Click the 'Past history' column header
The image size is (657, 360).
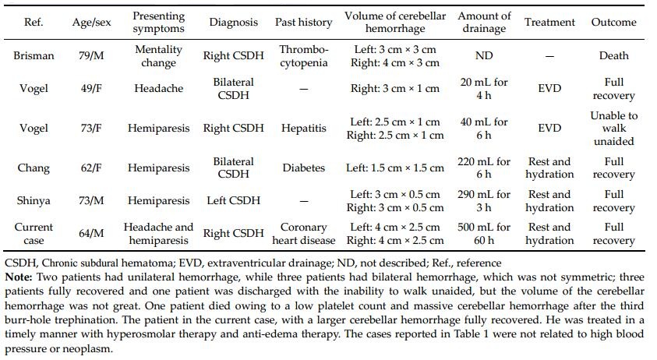click(303, 23)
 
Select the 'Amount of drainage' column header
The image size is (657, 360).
click(484, 23)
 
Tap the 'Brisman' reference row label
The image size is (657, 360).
click(34, 56)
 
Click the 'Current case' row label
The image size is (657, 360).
click(34, 234)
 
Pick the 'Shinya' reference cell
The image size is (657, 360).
click(34, 201)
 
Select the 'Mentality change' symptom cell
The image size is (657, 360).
click(158, 56)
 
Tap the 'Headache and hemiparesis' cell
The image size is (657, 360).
click(158, 234)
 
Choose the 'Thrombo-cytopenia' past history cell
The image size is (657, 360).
click(303, 56)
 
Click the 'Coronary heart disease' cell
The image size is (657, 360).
click(303, 234)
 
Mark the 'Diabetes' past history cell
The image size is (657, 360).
click(303, 168)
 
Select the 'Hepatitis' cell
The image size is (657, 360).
click(303, 128)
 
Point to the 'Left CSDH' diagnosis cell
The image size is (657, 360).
click(233, 201)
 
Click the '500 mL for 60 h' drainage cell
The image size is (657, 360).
click(484, 234)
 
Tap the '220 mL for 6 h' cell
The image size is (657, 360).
click(484, 168)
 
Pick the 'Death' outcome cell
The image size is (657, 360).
click(613, 56)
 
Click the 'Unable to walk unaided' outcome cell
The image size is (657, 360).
click(613, 128)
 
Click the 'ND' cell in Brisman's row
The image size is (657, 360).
click(484, 56)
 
